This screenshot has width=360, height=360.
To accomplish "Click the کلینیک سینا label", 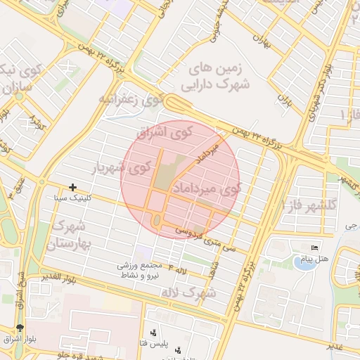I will [x=72, y=198].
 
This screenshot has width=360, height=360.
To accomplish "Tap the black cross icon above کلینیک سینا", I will [x=72, y=187].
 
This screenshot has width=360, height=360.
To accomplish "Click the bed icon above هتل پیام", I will [x=314, y=248].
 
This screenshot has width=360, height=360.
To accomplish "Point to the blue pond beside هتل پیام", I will [x=304, y=264].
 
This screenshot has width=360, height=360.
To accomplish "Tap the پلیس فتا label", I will [x=153, y=342].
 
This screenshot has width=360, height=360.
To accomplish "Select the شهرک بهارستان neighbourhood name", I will [x=68, y=236].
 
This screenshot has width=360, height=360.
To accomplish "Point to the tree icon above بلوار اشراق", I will [x=19, y=328].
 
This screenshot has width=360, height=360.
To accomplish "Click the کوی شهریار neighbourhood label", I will [x=122, y=167].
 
